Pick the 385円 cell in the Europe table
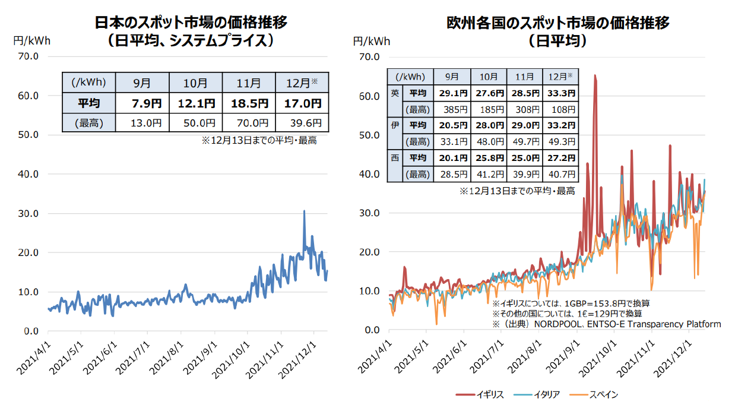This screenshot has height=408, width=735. point(452,109)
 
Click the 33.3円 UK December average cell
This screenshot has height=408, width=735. point(561,93)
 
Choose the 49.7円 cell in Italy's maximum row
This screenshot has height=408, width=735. point(525,142)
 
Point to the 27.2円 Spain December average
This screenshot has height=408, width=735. point(561,158)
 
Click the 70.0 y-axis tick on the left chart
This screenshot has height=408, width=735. point(28,56)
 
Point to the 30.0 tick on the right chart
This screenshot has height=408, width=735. point(368,213)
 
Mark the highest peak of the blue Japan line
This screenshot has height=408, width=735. point(304,211)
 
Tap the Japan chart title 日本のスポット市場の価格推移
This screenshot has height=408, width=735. point(191,23)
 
